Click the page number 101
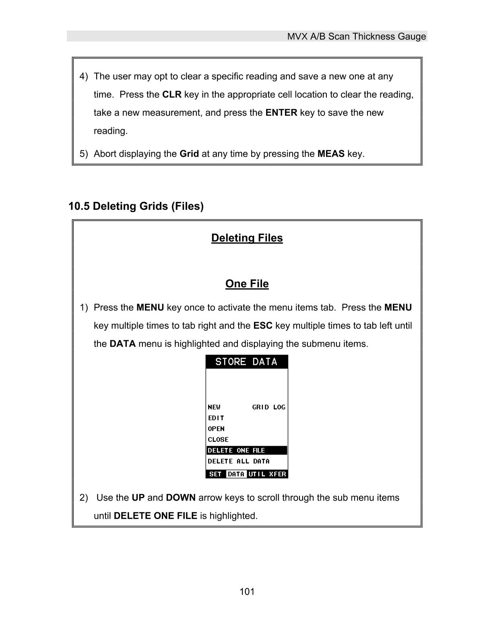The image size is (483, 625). point(247,592)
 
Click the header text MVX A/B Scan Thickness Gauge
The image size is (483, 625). point(356,37)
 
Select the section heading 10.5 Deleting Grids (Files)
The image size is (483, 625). point(136,206)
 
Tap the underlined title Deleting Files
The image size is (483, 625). point(247,238)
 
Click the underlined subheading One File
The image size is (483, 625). point(247,284)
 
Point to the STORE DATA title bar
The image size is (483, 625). point(246,362)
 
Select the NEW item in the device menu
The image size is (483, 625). point(214,407)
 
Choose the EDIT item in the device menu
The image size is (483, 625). point(216,418)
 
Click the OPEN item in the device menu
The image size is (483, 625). point(216,429)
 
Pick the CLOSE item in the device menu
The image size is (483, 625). point(218,440)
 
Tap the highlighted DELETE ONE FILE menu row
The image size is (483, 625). point(246,451)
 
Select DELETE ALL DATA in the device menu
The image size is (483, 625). point(238,462)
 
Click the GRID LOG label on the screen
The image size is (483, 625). point(268,407)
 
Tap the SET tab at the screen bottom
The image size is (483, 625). point(215,474)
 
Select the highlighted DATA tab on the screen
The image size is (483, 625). point(236,474)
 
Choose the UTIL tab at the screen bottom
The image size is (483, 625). point(257,474)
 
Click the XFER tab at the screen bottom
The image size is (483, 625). point(278,474)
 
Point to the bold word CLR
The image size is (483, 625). point(172,95)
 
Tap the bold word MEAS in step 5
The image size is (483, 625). point(331,154)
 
